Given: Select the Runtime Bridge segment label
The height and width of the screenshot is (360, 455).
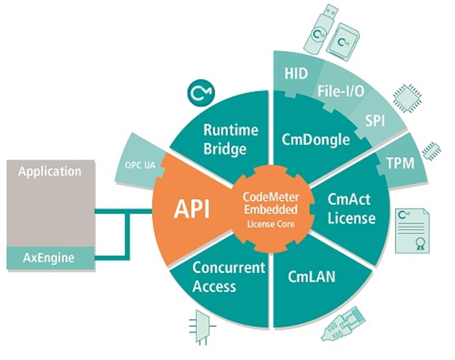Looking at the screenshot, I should point(230,139).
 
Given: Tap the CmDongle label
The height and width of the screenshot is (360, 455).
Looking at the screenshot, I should point(315,139).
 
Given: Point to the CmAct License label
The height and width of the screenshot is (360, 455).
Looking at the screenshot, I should point(351,209).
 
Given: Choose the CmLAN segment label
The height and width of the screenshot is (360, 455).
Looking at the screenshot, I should point(311,276).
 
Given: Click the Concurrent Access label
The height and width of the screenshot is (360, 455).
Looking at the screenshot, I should point(228,277).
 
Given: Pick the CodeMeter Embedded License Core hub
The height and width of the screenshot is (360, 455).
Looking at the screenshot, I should point(271,210).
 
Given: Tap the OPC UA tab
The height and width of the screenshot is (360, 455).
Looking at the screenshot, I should point(140,166).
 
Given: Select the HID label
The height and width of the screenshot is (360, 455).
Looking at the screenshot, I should point(296,73).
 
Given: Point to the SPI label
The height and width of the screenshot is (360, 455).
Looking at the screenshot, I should point(375,121).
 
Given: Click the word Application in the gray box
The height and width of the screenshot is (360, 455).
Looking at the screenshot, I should point(50,171).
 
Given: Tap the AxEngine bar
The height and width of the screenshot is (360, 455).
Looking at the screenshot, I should point(49,258).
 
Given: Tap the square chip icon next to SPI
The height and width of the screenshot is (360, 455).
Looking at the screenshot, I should point(407,97).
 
